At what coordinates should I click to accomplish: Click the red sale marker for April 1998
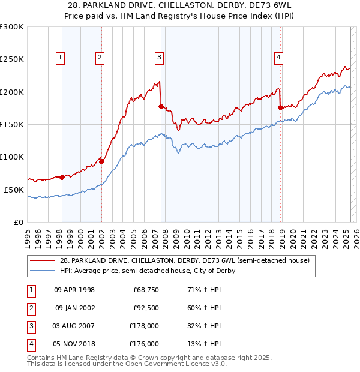click(x=62, y=177)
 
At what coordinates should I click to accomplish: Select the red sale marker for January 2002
click(x=101, y=161)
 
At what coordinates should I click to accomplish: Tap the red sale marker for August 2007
click(x=161, y=106)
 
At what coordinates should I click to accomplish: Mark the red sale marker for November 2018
click(x=280, y=107)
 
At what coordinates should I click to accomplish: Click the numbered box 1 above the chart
click(x=61, y=58)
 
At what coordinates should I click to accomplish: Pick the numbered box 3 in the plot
click(x=159, y=58)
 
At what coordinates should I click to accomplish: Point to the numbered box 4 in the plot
click(x=279, y=58)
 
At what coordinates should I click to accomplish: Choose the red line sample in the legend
click(x=43, y=261)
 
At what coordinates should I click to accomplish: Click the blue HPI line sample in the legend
click(x=43, y=271)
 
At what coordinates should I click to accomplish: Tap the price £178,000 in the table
click(x=145, y=326)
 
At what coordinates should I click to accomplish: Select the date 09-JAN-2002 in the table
click(x=75, y=308)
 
